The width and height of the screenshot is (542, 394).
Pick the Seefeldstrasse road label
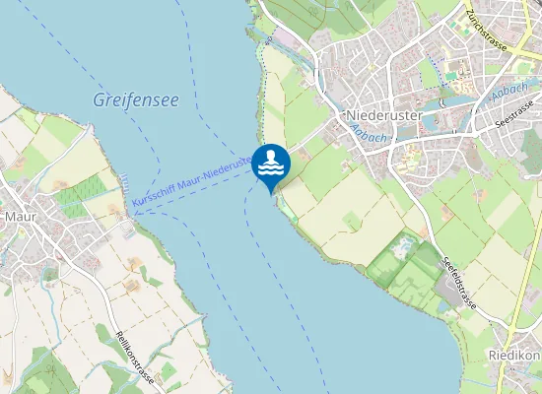click(459, 281)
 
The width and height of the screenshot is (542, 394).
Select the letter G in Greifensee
click(99, 99)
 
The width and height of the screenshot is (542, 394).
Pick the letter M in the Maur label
click(10, 216)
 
